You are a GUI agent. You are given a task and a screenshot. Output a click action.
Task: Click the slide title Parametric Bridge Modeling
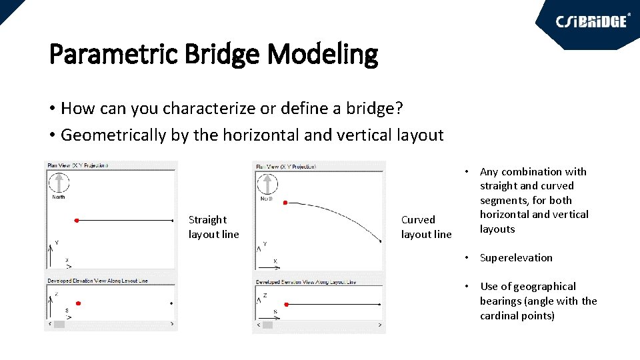[213, 54]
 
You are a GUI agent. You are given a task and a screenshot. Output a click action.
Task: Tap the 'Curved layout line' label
[426, 227]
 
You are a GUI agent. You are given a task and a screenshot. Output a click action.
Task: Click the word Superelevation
[515, 257]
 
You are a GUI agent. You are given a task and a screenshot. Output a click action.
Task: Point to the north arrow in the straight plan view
[59, 183]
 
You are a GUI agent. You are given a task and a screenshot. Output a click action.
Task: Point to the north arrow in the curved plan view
[267, 184]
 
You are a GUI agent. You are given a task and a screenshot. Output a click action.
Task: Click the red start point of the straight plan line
[77, 220]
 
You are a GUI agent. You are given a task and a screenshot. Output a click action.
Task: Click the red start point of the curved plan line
[285, 202]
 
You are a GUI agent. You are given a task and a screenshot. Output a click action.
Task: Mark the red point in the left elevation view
[78, 303]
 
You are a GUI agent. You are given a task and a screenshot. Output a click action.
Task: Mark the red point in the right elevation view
[286, 304]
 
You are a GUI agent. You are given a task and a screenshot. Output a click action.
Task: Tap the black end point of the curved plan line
[380, 241]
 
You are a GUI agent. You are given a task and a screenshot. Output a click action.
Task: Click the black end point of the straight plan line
[172, 220]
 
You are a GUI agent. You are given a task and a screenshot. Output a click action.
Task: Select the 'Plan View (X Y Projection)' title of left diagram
[77, 165]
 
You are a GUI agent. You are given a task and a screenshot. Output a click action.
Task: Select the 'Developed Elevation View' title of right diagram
[306, 282]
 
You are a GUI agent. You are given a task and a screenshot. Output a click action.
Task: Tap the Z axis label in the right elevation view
[265, 295]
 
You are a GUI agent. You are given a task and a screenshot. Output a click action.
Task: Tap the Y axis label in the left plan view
[57, 242]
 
